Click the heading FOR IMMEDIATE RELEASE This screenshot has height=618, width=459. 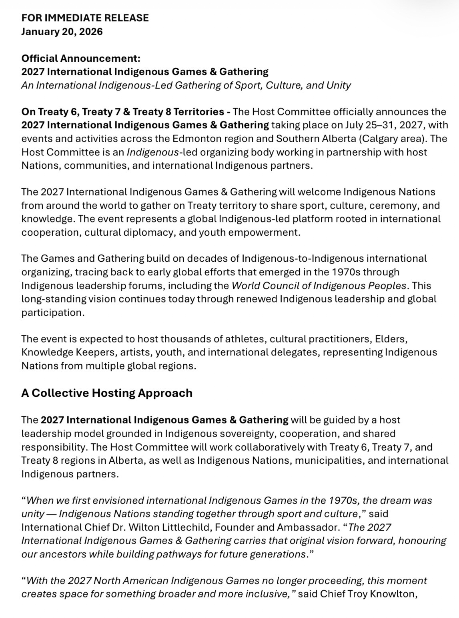click(85, 18)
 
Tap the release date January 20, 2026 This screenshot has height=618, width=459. click(62, 31)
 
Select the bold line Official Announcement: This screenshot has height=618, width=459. click(81, 58)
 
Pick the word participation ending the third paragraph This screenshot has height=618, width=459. click(53, 313)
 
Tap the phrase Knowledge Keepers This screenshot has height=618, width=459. click(63, 353)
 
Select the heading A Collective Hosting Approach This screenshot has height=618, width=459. click(107, 393)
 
